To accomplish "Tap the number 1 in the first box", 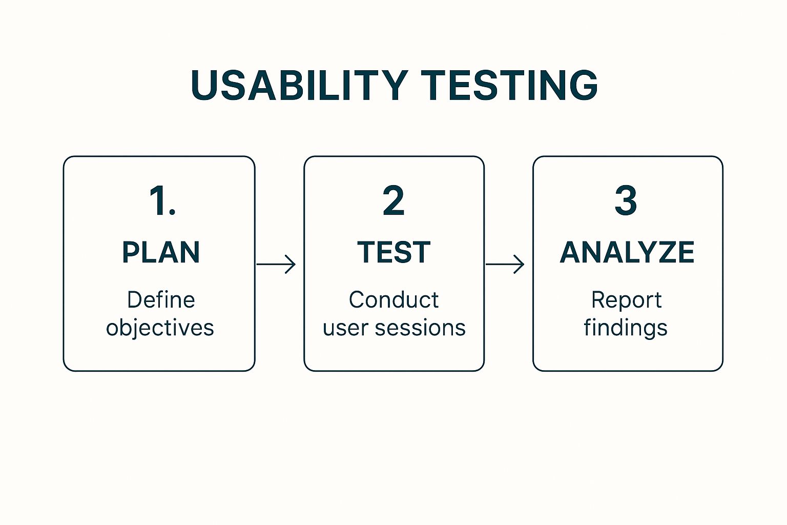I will [157, 201].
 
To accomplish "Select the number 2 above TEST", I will [393, 201].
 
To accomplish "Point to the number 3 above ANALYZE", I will [626, 201].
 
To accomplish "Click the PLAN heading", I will [161, 252].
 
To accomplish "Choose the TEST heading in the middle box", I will [393, 252].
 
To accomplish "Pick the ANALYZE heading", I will [627, 252].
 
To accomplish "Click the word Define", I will [161, 300].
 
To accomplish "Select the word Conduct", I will [393, 300].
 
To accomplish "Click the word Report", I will [626, 300].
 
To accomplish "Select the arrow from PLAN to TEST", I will [276, 264].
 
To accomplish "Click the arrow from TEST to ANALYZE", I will [505, 264].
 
